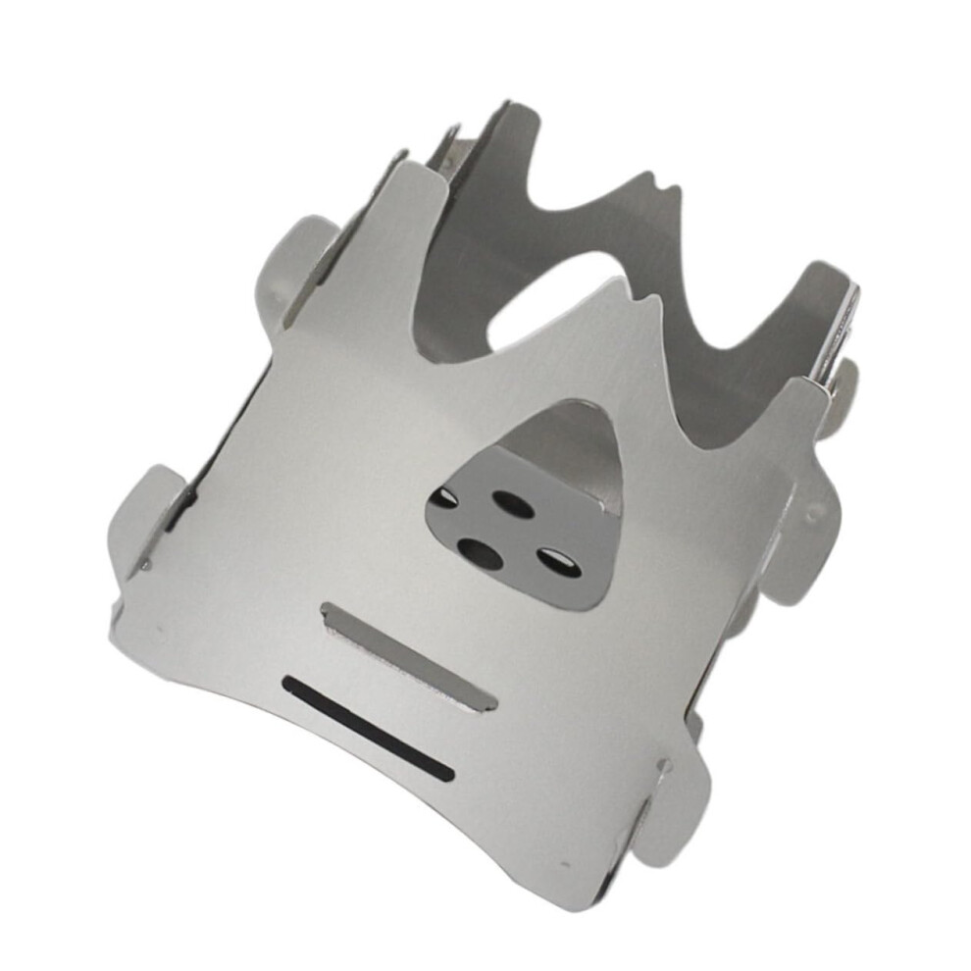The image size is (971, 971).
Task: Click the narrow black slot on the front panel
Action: pyautogui.click(x=368, y=728)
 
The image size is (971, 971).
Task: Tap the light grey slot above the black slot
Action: pyautogui.click(x=408, y=655)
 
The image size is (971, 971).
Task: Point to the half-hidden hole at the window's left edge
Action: pyautogui.click(x=443, y=499)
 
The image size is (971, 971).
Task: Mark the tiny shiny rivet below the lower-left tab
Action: pyautogui.click(x=145, y=566)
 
